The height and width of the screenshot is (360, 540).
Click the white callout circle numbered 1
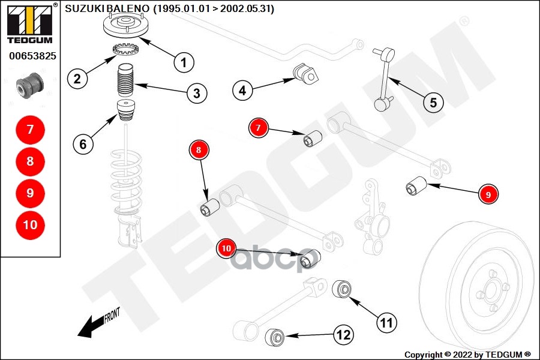click(x=184, y=61)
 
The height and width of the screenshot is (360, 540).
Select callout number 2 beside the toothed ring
click(x=77, y=78)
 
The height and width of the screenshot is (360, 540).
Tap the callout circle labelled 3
click(x=196, y=93)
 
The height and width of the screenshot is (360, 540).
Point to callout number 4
click(x=242, y=91)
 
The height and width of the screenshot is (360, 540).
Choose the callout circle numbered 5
click(x=433, y=102)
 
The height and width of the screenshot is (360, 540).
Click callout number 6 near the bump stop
click(x=83, y=143)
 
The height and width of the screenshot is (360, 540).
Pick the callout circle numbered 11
click(x=387, y=323)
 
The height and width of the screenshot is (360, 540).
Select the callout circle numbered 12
click(x=343, y=335)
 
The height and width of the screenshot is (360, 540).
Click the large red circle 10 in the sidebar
click(x=31, y=225)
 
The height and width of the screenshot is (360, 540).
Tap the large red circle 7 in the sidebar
click(x=31, y=130)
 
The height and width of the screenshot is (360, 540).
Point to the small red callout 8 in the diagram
click(x=199, y=150)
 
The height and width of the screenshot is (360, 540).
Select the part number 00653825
click(x=32, y=56)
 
